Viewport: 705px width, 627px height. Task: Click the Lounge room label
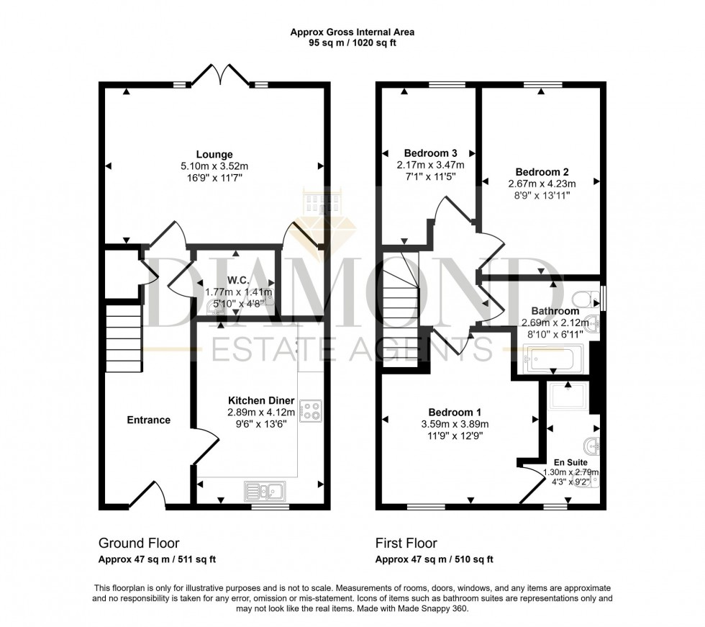[x=215, y=154]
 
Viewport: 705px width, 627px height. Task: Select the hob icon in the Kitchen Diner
[x=311, y=410]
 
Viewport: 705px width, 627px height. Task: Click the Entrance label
[x=149, y=420]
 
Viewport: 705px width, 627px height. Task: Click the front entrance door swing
[x=152, y=493]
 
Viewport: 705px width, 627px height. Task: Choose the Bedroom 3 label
[x=430, y=153]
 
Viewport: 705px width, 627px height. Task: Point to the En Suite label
[x=570, y=462]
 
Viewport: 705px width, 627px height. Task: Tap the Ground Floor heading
[x=138, y=543]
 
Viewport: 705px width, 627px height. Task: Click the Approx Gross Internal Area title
[x=352, y=32]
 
